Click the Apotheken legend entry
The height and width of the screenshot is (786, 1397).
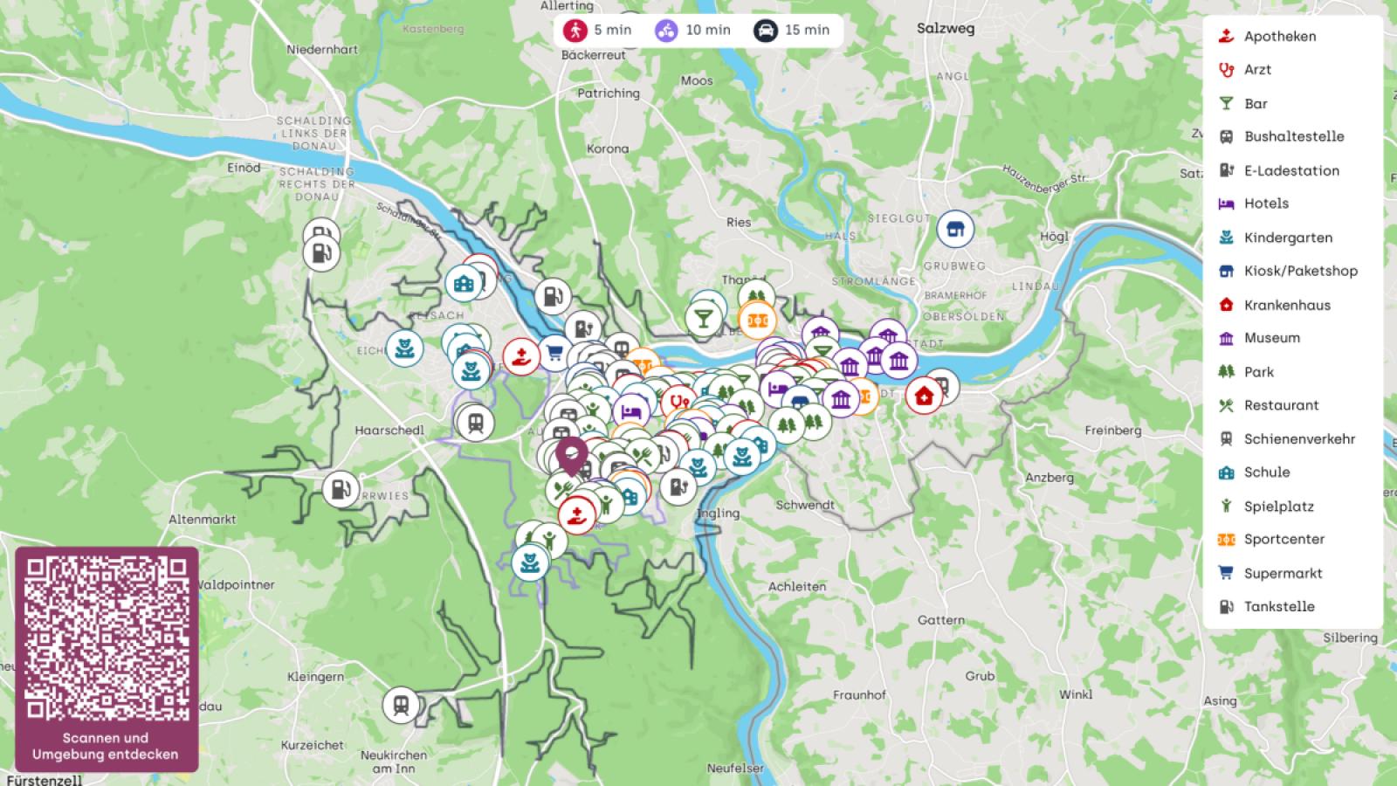1279,36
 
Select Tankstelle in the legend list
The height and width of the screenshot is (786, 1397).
1278,606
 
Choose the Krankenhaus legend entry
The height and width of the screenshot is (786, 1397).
1286,305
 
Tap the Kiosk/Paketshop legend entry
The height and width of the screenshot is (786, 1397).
1299,271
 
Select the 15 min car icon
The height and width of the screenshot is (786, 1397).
766,30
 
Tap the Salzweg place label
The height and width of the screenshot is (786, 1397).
945,28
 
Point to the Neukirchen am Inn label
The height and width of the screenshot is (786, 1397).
394,762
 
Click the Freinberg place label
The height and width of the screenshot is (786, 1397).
1112,430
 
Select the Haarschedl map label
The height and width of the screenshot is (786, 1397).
389,430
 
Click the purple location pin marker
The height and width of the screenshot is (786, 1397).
571,455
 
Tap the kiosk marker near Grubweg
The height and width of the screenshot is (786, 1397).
955,230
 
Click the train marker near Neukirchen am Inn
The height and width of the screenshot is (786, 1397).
401,705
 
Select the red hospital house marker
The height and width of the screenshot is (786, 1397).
923,396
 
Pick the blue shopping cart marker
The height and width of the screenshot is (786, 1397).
554,354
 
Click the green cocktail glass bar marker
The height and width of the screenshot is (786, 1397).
703,317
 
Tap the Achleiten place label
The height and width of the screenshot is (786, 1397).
796,586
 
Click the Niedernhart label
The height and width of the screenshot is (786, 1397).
322,49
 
